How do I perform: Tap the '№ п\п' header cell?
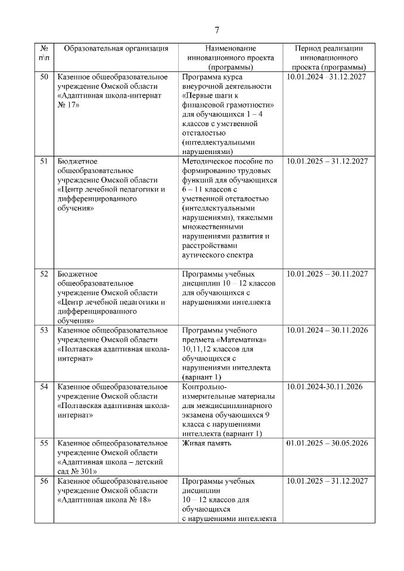pos(44,54)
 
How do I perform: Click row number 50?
pos(44,77)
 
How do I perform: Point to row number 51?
pos(44,162)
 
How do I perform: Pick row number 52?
pos(44,274)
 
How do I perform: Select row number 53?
pos(44,330)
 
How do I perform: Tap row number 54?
pos(44,387)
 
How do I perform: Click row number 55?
pos(44,444)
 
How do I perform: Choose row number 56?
pos(44,481)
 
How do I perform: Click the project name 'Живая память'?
pos(207,444)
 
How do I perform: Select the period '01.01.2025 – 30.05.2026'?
pos(327,444)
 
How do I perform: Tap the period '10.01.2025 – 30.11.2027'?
pos(327,274)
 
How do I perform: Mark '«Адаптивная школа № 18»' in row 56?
pos(104,500)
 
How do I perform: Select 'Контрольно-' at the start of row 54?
pos(206,387)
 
